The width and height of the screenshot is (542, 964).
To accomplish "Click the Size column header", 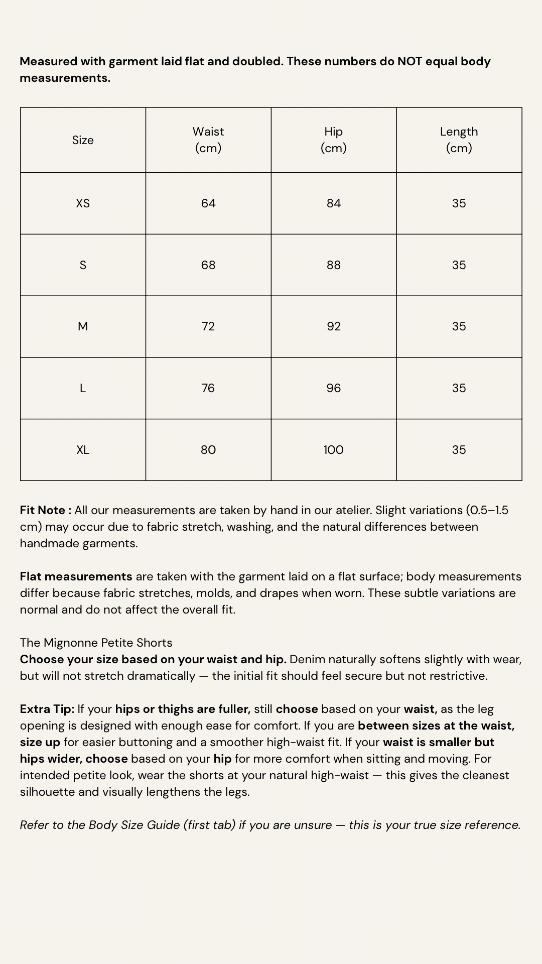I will coord(83,140).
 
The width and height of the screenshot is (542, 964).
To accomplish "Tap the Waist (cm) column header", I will coord(208,140).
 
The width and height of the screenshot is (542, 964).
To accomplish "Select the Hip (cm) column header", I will coord(334,140).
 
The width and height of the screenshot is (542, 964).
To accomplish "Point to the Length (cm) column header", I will coord(459,140).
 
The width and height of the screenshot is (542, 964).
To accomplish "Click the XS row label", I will coord(83,203).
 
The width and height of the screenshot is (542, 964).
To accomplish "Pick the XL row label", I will coord(83,450).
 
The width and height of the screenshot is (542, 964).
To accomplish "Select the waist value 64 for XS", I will coord(208,203).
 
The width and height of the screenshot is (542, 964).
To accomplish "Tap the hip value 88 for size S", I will coord(334,265).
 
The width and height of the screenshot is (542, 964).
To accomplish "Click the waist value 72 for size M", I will coord(208,326).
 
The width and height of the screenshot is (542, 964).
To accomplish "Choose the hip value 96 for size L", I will coord(334,388).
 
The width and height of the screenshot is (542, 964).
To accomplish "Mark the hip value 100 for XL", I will coord(334,450).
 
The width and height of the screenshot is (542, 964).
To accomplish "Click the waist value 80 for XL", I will coord(208,450).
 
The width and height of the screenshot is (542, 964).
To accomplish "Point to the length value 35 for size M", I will coord(459,326).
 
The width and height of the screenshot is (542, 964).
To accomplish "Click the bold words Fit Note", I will coord(43,510).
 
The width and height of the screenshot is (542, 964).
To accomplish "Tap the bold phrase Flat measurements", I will coord(76,576).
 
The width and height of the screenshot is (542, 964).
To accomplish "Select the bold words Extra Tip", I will coord(47,709).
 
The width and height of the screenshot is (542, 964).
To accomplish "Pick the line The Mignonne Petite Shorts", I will coord(96,643).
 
